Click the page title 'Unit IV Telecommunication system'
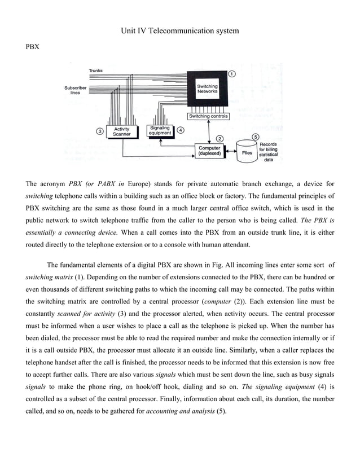(179, 30)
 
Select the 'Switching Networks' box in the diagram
(207, 89)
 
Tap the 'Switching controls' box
(208, 116)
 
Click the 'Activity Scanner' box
(121, 131)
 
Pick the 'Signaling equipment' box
(160, 130)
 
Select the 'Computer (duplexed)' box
(209, 151)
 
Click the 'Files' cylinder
(247, 152)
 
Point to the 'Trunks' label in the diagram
(95, 71)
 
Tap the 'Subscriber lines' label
(75, 90)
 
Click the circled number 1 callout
(232, 74)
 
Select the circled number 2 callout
(219, 138)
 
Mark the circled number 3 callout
(100, 131)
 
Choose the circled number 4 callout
(180, 129)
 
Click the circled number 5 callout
(255, 137)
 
